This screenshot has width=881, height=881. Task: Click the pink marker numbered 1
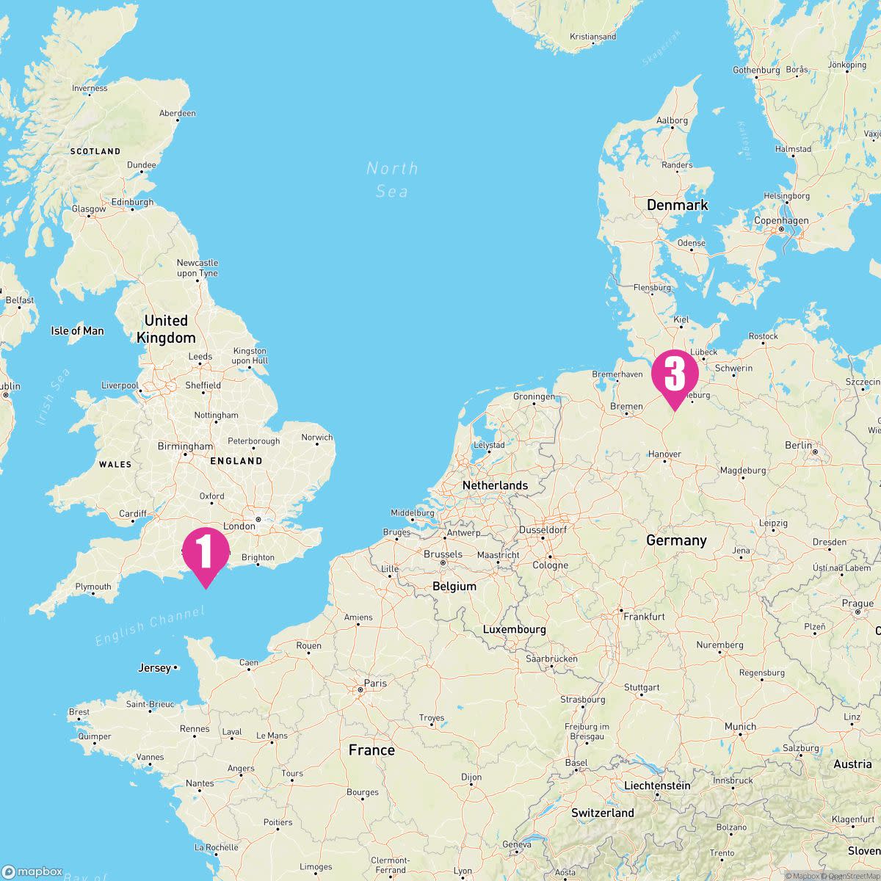(x=206, y=553)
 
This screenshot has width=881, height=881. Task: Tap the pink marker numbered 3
(x=674, y=375)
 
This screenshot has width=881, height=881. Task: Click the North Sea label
(x=392, y=180)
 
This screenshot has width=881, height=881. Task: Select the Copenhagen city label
(x=781, y=220)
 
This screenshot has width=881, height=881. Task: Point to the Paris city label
(x=375, y=683)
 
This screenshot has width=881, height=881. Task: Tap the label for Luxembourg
(x=514, y=629)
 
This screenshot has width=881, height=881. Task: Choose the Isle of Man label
(x=77, y=331)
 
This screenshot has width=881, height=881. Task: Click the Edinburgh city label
(x=132, y=202)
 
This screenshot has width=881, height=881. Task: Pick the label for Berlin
(x=798, y=445)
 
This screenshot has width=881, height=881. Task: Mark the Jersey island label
(x=154, y=668)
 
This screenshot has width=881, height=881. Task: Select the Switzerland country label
(x=603, y=813)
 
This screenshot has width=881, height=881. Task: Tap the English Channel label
(x=149, y=626)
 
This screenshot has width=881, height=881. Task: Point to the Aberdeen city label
(x=178, y=113)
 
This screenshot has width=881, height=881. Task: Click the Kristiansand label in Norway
(x=592, y=37)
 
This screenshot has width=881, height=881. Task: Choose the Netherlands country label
(x=495, y=485)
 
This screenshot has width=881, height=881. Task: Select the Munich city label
(x=740, y=727)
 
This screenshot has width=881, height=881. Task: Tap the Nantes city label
(x=200, y=783)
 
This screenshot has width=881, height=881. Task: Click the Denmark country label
(x=677, y=205)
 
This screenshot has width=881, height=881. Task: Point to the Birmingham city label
(x=185, y=446)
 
